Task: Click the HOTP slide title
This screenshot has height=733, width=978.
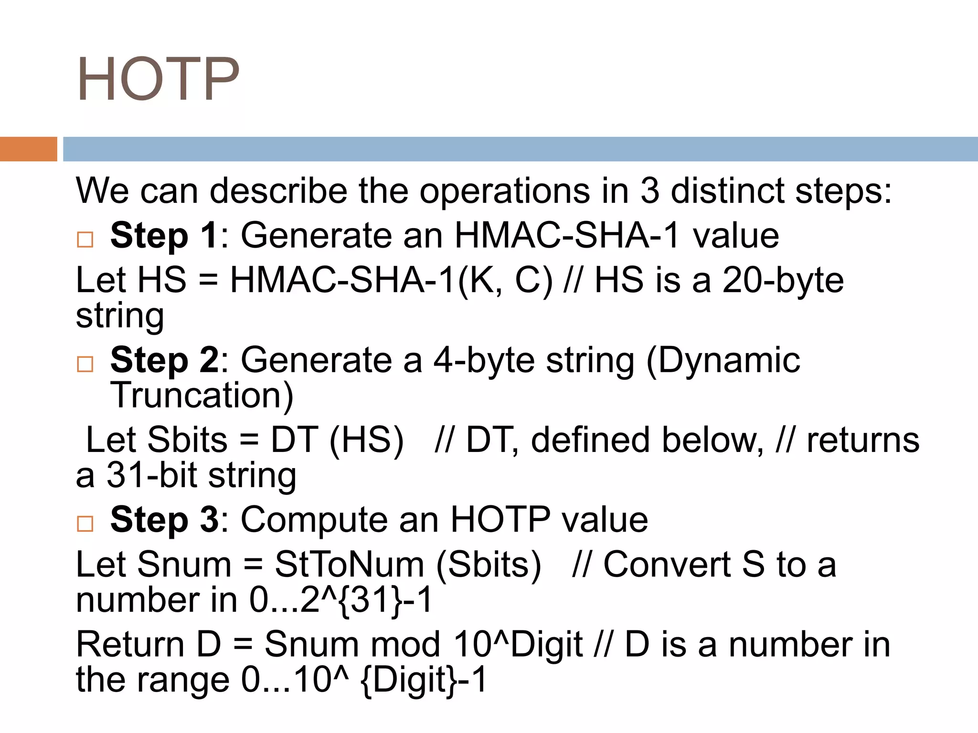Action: click(158, 79)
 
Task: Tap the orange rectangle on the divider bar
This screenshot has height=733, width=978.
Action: click(28, 149)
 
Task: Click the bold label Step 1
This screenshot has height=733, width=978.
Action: click(165, 235)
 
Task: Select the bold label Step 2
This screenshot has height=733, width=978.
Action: click(165, 360)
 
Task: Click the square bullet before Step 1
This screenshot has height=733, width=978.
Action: click(85, 239)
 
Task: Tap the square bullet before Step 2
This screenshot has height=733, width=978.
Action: click(85, 364)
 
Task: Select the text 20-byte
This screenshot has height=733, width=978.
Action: click(783, 281)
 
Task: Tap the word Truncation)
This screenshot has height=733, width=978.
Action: click(202, 395)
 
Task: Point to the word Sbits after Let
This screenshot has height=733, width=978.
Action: click(188, 440)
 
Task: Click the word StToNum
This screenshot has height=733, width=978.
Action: click(350, 565)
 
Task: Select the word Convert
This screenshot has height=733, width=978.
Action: click(667, 565)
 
